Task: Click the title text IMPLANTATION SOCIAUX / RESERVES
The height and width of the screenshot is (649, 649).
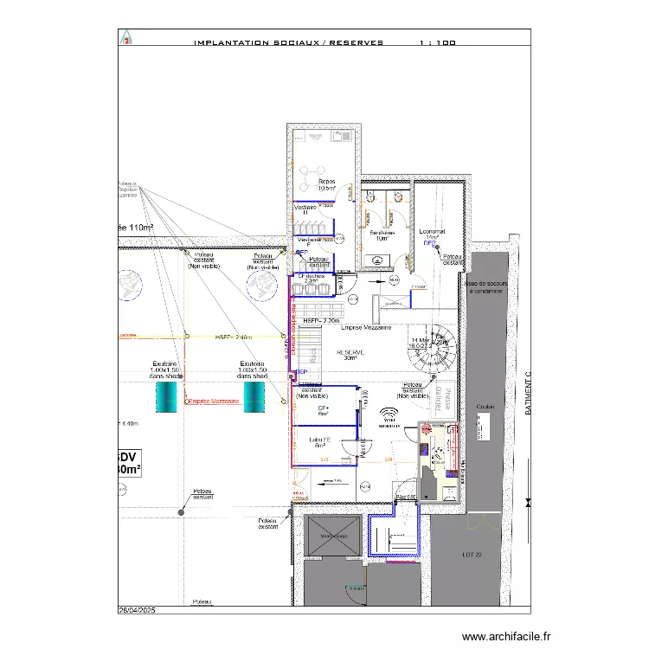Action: (288, 42)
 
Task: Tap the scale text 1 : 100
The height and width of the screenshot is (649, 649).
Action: (437, 42)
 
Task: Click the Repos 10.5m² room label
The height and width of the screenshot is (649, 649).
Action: (327, 185)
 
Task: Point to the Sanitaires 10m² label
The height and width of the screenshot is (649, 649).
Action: (382, 235)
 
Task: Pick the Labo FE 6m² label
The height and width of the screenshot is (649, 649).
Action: (321, 442)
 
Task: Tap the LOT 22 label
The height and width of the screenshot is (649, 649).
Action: (472, 556)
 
